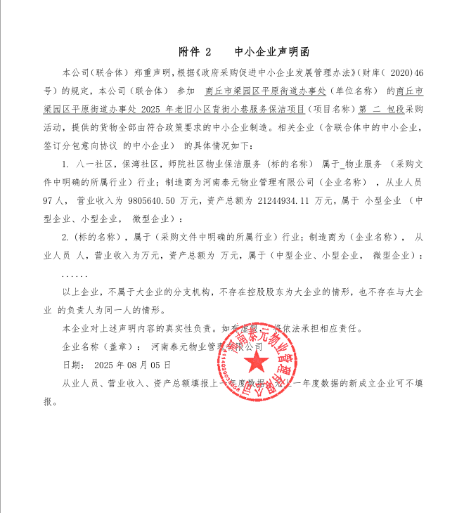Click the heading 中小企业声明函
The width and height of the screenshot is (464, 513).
click(271, 53)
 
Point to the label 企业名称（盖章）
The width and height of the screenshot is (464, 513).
click(98, 347)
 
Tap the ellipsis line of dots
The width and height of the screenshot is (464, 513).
click(75, 273)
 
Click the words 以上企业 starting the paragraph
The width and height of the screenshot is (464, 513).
click(82, 292)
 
